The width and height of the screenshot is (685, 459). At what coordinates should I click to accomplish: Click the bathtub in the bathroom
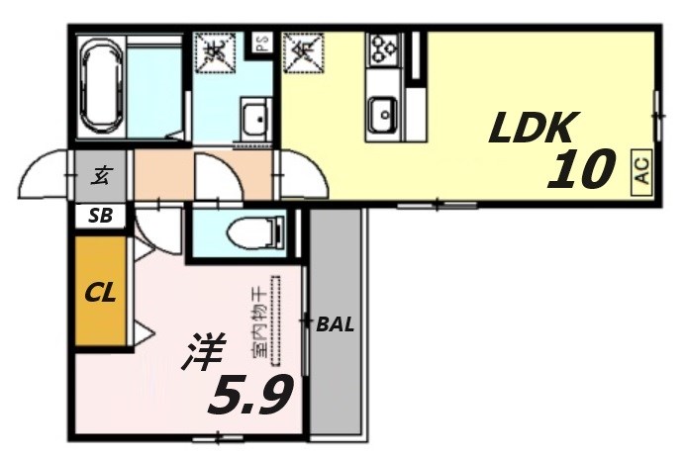[x=102, y=87]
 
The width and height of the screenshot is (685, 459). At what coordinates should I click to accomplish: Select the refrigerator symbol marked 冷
[x=300, y=52]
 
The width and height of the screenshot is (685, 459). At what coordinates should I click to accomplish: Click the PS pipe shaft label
[x=262, y=43]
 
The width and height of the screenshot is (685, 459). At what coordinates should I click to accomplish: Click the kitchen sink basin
[x=381, y=117]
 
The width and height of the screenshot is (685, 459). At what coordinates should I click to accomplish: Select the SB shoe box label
[x=100, y=217]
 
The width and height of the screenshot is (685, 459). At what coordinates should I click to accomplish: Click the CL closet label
[x=100, y=293]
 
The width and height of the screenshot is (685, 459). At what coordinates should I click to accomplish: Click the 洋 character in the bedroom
[x=203, y=353]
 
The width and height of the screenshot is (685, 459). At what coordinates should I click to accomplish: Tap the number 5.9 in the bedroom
[x=248, y=396]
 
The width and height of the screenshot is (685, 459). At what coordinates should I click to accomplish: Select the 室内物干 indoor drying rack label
[x=258, y=321]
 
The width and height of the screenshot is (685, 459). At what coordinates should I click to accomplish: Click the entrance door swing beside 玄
[x=46, y=174]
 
